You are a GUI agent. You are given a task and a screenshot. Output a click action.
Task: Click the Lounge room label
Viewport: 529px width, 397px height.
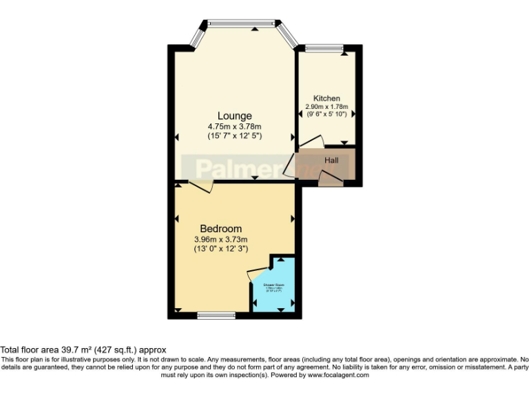235,116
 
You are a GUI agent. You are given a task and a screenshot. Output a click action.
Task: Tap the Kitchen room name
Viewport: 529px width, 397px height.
326,99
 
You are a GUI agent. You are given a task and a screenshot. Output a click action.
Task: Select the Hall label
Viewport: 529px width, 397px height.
331,161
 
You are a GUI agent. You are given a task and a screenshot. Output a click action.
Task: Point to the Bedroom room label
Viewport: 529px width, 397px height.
221,229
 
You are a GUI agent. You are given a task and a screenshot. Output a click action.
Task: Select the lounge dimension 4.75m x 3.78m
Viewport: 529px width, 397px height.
235,126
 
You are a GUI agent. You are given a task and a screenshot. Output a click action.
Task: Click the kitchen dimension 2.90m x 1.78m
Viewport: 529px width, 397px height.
327,107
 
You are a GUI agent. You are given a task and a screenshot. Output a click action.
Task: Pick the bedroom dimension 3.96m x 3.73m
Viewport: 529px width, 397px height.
221,239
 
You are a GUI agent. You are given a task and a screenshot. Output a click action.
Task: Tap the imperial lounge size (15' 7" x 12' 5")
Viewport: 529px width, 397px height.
235,136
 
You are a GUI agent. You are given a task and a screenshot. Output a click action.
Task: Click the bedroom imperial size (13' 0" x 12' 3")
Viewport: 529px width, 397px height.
221,249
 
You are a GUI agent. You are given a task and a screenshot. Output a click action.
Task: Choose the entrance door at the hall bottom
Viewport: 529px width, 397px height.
331,181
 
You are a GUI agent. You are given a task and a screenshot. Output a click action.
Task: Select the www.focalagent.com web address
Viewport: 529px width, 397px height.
338,375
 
